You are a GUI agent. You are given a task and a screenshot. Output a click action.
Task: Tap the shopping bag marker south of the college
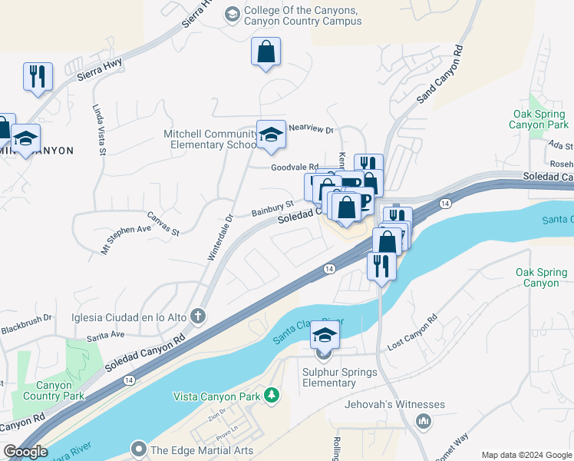tap(266, 52)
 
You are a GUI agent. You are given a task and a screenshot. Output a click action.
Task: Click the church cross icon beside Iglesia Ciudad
tap(199, 316)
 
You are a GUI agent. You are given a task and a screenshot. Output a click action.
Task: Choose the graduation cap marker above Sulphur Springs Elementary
tap(325, 336)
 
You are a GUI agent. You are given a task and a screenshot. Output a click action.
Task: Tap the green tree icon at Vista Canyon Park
tap(271, 395)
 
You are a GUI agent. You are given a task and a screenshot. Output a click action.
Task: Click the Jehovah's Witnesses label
tap(395, 404)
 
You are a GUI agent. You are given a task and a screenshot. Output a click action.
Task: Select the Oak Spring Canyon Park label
tap(540, 119)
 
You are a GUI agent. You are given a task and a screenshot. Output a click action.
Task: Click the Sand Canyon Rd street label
tap(441, 73)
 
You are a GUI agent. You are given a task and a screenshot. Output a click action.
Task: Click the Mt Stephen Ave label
tap(127, 238)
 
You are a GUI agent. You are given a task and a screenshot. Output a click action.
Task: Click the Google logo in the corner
tap(25, 452)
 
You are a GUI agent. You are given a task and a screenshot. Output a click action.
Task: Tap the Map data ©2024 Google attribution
tap(526, 455)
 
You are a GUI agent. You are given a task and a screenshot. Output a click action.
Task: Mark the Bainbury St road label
tap(273, 208)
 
